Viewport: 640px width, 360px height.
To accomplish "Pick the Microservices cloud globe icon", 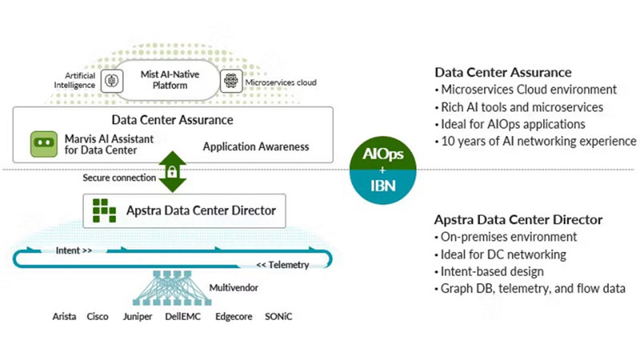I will (231, 81).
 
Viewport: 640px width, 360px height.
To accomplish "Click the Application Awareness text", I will (255, 147).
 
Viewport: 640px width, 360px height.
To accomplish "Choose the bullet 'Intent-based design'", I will (493, 272).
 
